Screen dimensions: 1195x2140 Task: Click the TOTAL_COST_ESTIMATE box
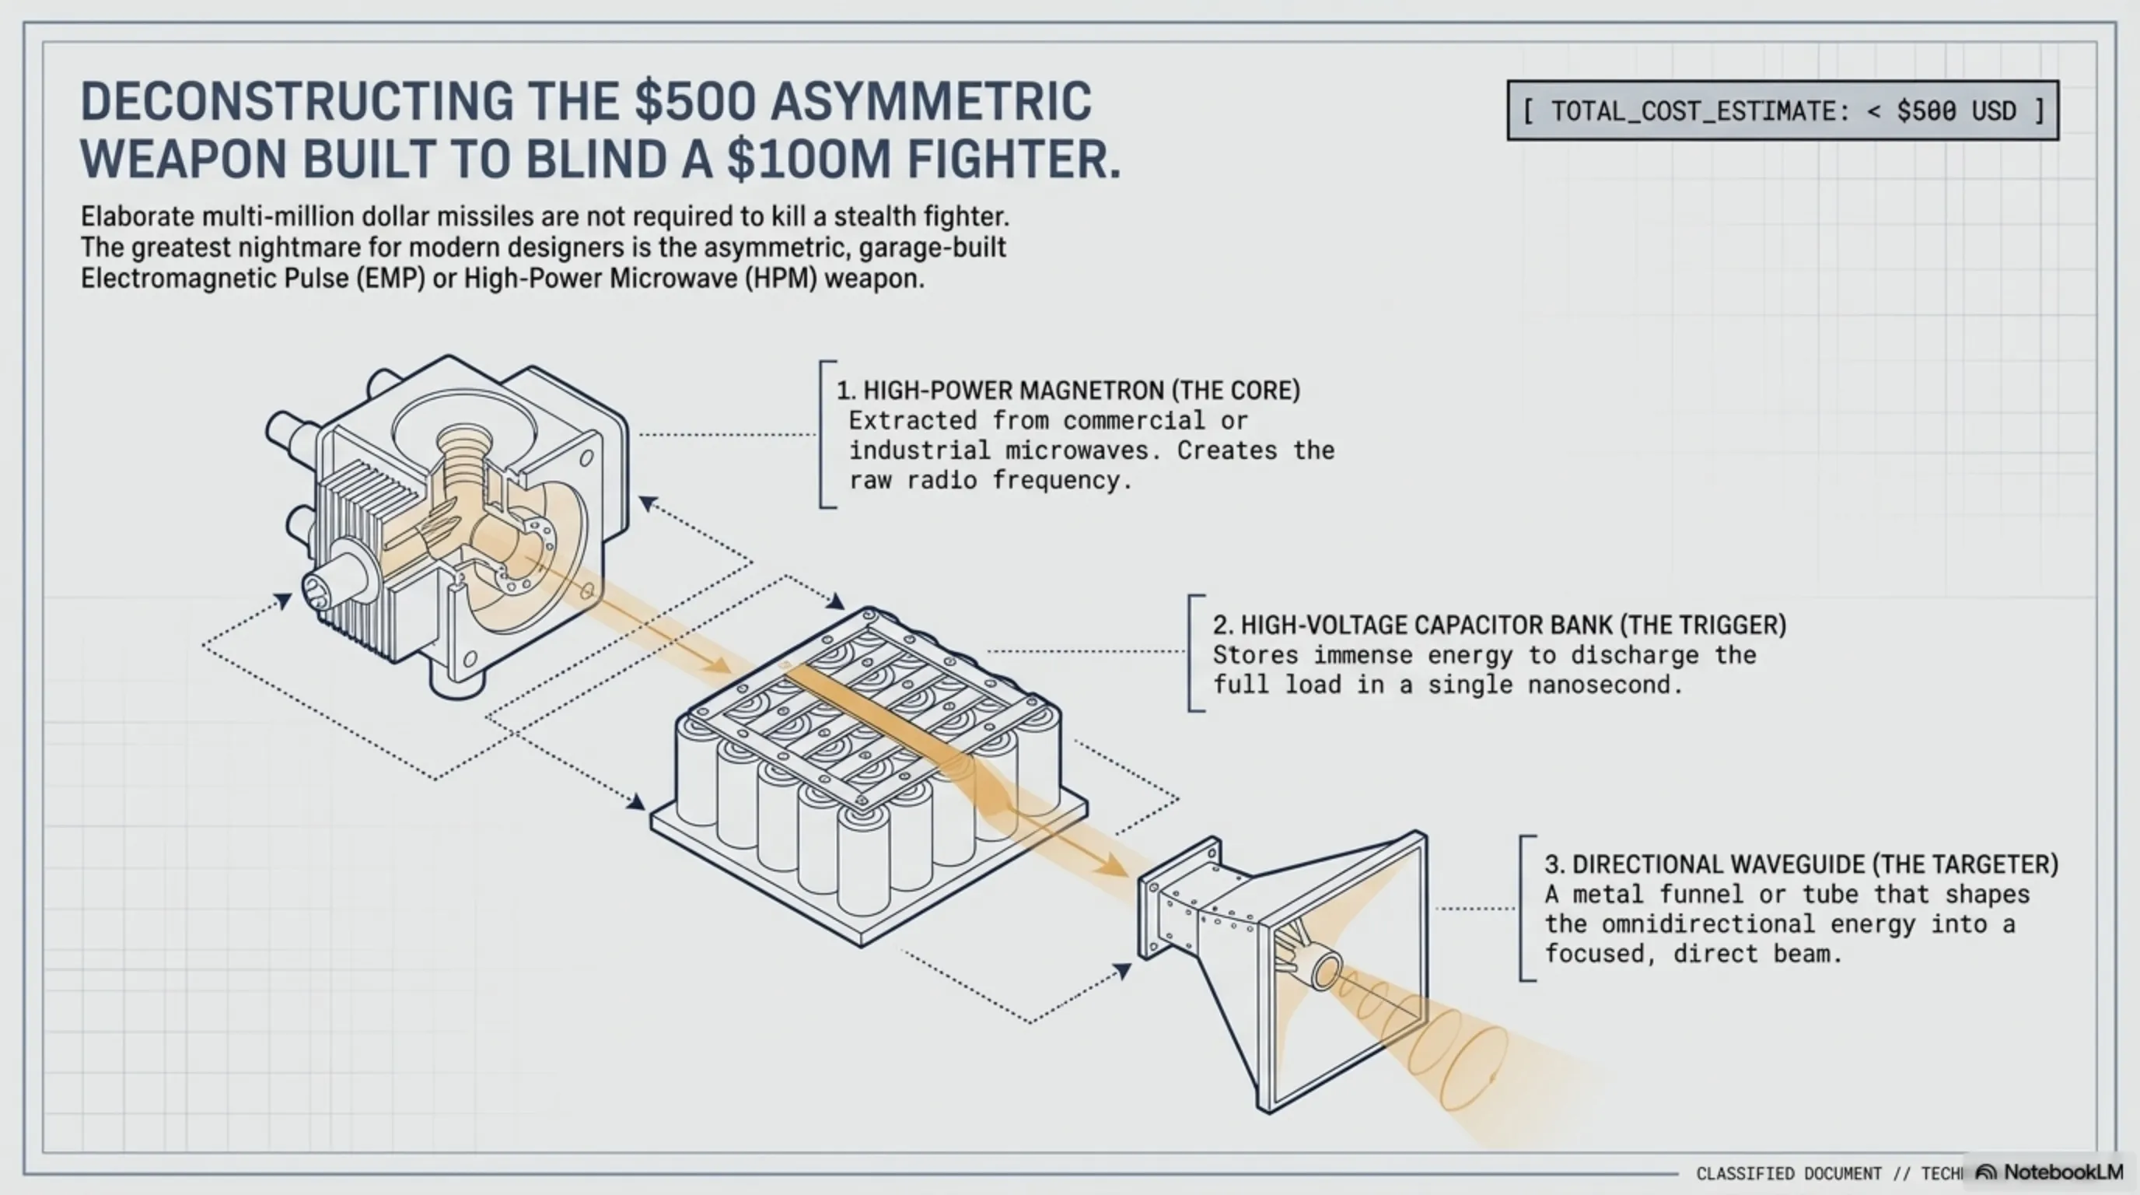pyautogui.click(x=1782, y=110)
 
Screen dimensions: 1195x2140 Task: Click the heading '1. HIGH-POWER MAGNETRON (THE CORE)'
pyautogui.click(x=1068, y=391)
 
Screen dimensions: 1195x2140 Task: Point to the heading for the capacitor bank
pyautogui.click(x=1499, y=625)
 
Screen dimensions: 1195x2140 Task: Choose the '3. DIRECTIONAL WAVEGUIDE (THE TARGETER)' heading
pyautogui.click(x=1801, y=864)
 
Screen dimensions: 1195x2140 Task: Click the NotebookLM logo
pyautogui.click(x=2048, y=1172)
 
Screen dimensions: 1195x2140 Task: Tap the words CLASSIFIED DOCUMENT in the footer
pyautogui.click(x=1788, y=1173)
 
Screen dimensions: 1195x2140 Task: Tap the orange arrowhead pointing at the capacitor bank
pyautogui.click(x=716, y=665)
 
